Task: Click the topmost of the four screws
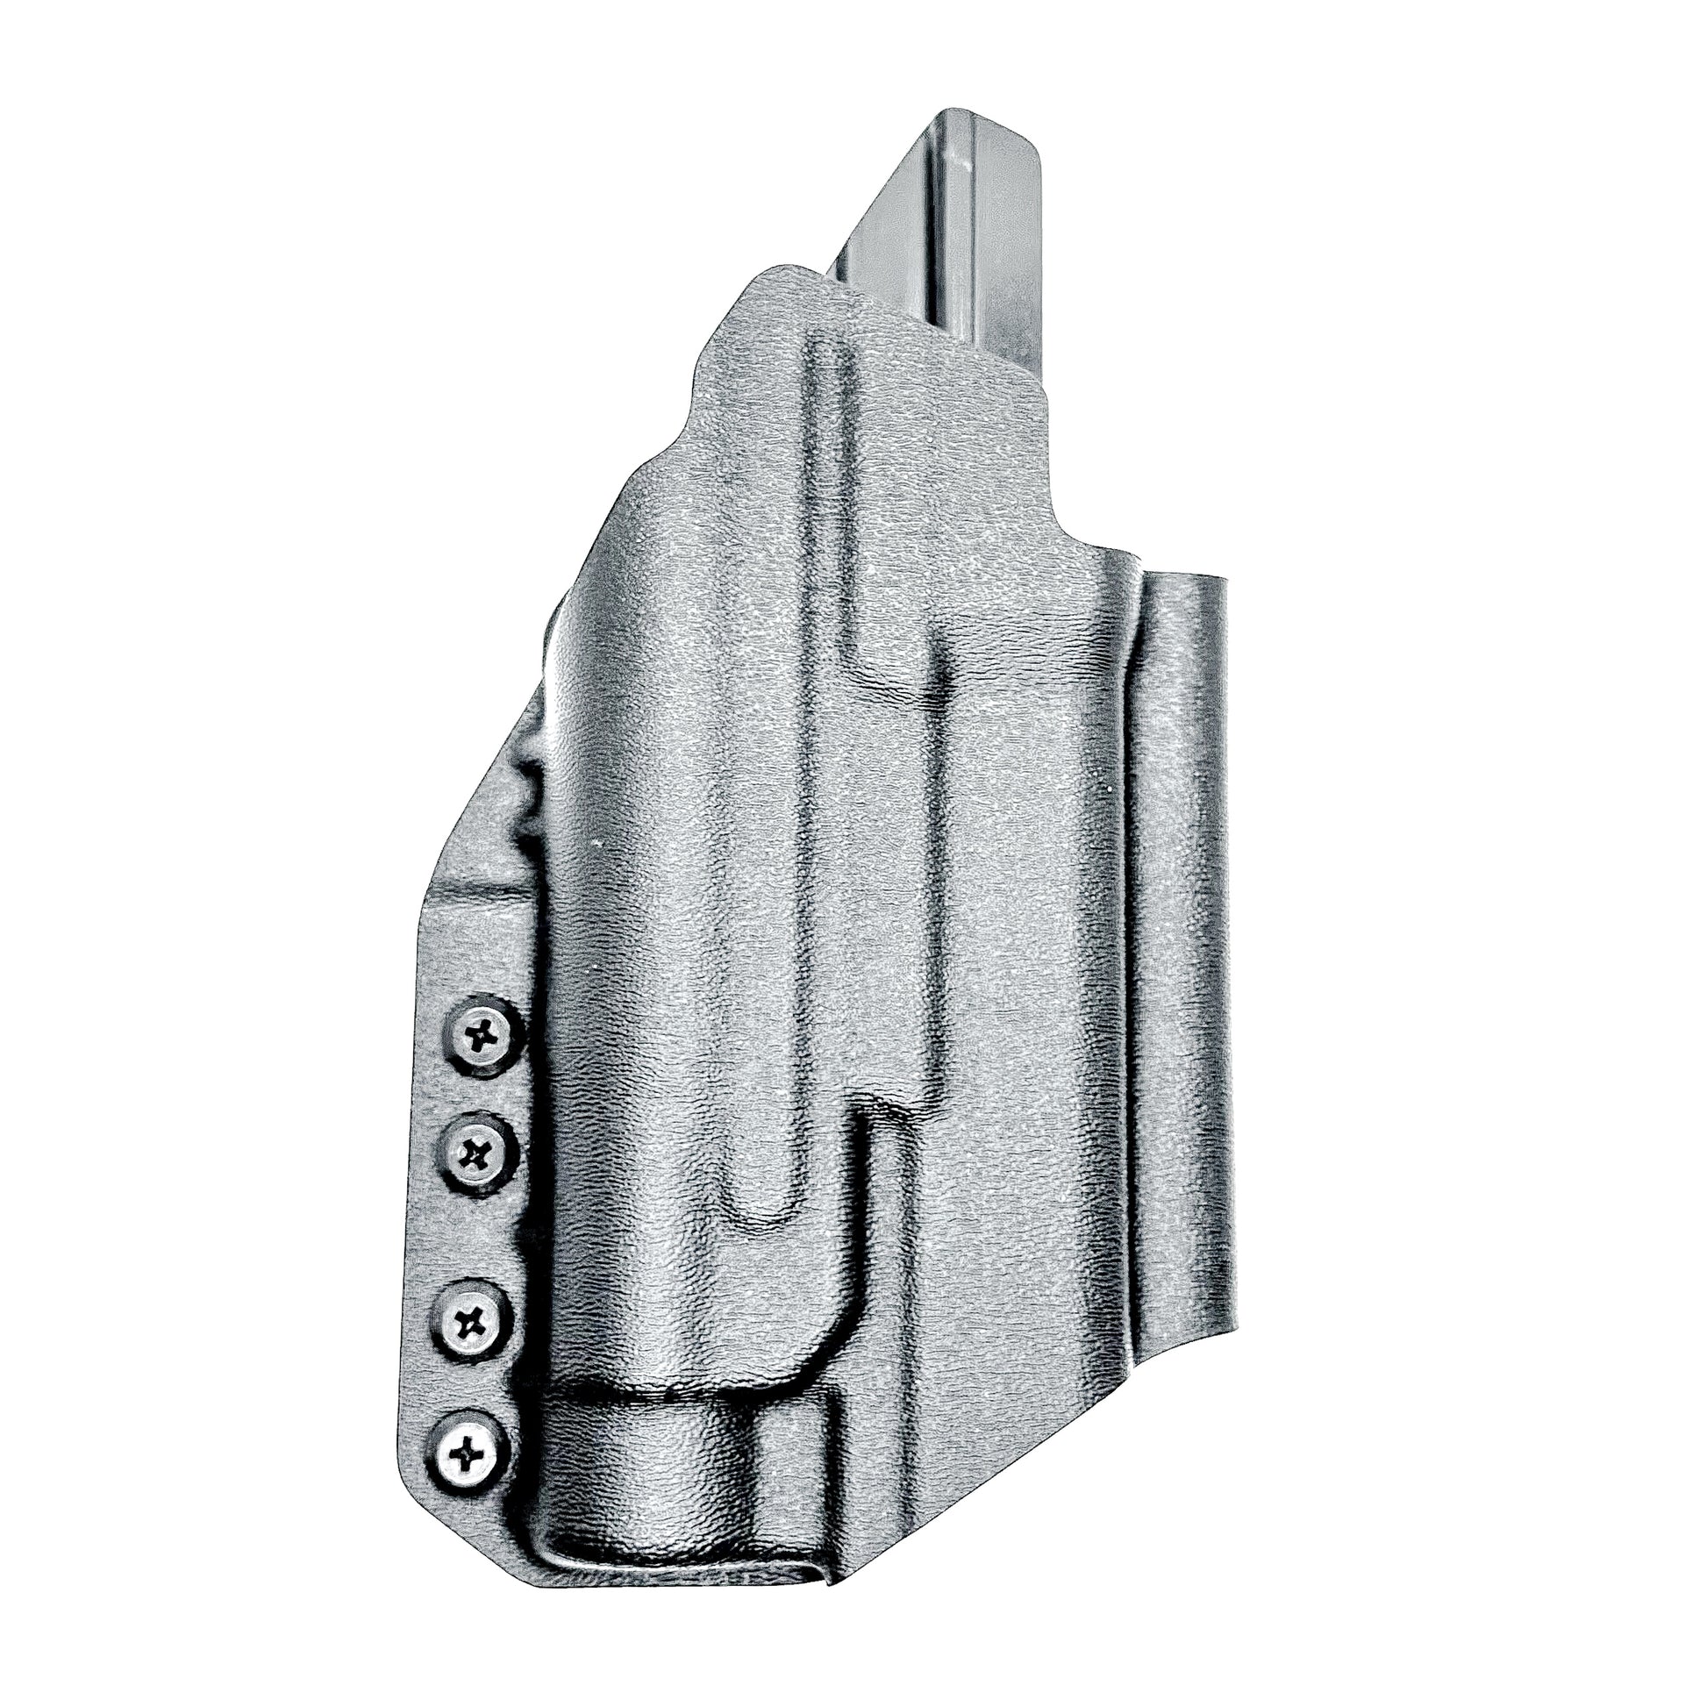point(480,1034)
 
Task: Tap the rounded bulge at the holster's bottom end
point(654,1467)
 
